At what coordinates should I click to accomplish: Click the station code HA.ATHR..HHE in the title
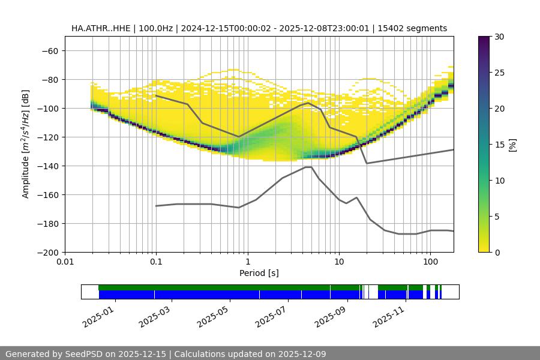[99, 28]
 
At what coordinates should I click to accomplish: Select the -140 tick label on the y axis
[47, 166]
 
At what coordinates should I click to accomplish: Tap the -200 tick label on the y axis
[47, 252]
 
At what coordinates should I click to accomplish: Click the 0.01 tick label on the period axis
[65, 262]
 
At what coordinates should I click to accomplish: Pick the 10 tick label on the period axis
[339, 262]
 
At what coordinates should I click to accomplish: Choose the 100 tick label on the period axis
[430, 262]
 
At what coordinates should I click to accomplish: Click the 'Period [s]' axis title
[259, 273]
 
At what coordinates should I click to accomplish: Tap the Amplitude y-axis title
[26, 144]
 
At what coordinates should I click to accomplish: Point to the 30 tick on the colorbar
[499, 37]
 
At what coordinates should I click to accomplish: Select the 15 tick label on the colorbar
[499, 145]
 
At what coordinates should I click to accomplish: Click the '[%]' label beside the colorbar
[512, 145]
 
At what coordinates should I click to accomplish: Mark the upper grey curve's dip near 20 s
[367, 163]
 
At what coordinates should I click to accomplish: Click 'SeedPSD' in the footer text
[83, 354]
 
